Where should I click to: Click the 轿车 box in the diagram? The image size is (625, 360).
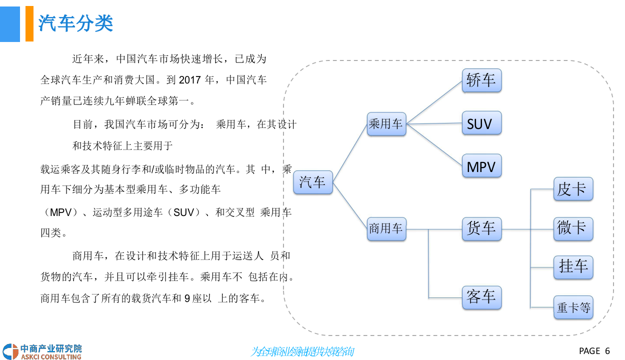tap(481, 80)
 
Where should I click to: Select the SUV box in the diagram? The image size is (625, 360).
tap(481, 123)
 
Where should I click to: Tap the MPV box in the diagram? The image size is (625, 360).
tap(481, 166)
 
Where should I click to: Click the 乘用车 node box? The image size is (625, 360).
tap(386, 124)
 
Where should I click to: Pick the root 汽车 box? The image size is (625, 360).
tap(312, 182)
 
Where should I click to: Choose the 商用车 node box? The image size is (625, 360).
tap(386, 229)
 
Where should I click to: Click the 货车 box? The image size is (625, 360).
tap(481, 229)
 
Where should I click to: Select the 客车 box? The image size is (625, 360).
tap(481, 297)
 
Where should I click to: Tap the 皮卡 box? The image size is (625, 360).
tap(572, 189)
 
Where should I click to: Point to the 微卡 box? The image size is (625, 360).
tap(572, 228)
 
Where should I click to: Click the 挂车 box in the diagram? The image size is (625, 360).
tap(572, 266)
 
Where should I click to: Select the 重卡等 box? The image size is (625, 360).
tap(573, 307)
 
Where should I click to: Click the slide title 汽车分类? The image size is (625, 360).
tap(76, 23)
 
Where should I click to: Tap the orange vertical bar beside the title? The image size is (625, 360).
tap(29, 23)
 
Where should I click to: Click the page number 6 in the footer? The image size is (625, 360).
tap(607, 350)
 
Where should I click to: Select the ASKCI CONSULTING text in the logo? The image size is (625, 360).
tap(51, 357)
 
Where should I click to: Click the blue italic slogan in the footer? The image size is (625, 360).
tap(302, 351)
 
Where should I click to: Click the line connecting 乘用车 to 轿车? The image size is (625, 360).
tap(434, 102)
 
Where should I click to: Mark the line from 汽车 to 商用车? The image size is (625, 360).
tap(350, 205)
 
